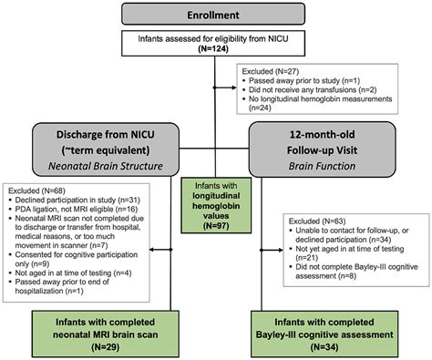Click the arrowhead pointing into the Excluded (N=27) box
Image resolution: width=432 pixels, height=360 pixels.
[236, 80]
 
